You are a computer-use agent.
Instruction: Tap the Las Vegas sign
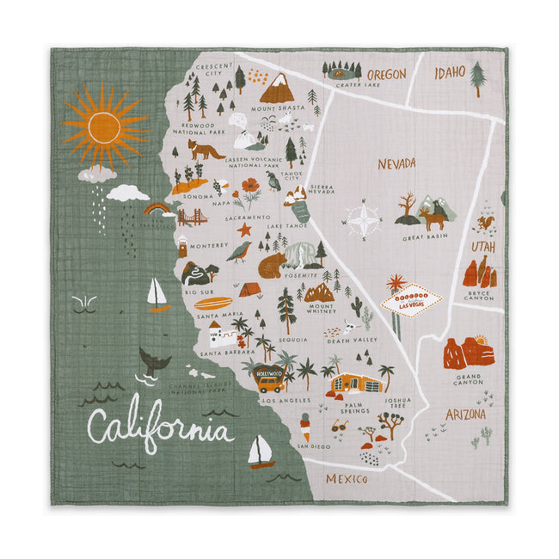[411, 302]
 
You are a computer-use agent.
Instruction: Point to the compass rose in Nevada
[364, 220]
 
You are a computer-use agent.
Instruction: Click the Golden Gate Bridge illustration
[193, 217]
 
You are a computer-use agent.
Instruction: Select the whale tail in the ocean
[154, 361]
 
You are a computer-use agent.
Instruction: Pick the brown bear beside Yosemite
[272, 265]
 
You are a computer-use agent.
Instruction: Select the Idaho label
[449, 71]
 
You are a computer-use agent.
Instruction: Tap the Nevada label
[396, 163]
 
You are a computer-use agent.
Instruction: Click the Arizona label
[465, 415]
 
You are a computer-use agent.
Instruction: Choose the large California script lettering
[159, 427]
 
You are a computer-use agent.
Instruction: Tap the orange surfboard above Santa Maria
[213, 303]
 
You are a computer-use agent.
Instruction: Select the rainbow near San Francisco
[157, 208]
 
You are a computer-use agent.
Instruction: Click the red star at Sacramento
[245, 230]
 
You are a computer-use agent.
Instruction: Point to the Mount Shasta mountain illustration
[276, 88]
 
